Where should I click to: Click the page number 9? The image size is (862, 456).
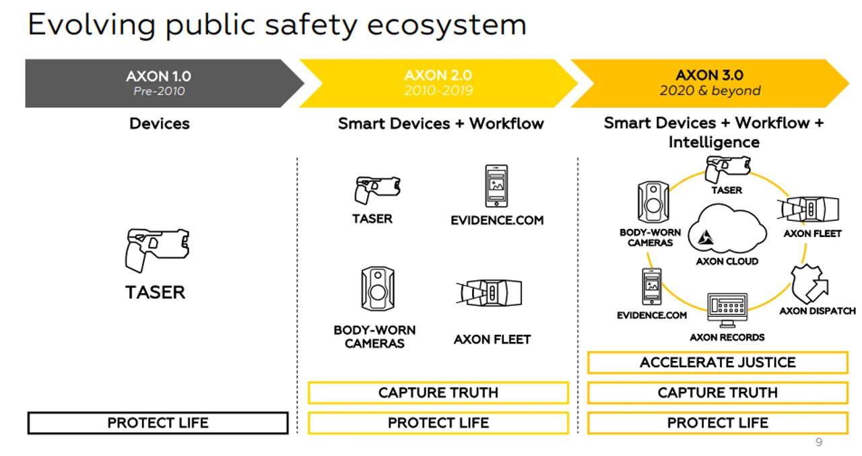819,443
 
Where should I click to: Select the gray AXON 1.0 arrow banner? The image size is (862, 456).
159,84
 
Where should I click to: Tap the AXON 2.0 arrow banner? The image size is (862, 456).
438,84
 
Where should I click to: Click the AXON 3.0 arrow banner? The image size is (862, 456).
710,84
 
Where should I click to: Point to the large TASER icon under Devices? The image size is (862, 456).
157,250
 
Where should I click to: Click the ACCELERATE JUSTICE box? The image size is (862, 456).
717,362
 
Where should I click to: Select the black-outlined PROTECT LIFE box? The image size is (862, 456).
158,423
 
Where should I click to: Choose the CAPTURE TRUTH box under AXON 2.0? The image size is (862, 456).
438,393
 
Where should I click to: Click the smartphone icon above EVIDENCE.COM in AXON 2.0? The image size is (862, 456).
497,186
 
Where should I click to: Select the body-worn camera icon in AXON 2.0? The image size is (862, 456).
377,289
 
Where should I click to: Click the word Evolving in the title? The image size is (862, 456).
92,25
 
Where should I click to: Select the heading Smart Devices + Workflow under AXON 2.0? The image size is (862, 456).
440,124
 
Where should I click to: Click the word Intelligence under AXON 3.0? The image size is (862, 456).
714,142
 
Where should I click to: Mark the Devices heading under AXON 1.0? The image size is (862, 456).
160,124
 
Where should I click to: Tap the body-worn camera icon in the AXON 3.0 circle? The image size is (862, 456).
651,202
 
